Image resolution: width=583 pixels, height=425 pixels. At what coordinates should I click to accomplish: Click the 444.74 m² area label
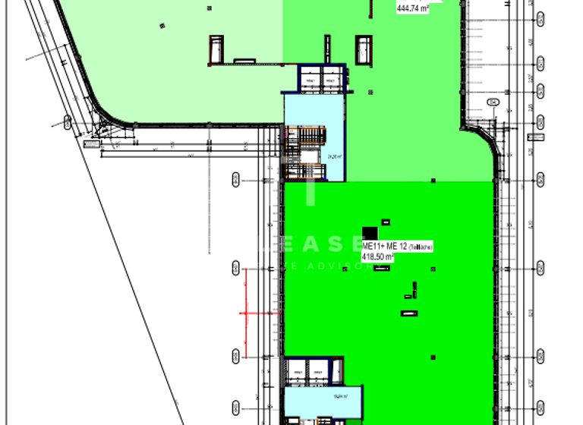coord(413,8)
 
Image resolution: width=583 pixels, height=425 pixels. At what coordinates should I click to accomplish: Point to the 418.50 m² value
coord(378,257)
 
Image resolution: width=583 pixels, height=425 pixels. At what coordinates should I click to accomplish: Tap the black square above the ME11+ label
coord(370,234)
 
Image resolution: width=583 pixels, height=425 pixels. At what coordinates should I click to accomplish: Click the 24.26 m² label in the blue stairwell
coord(335,156)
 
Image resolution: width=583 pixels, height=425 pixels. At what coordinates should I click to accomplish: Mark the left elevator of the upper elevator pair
coord(309,80)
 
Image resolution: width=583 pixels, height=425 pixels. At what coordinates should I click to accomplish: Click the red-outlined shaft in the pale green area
coord(216,48)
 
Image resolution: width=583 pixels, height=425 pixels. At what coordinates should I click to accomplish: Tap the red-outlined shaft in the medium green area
coord(365,48)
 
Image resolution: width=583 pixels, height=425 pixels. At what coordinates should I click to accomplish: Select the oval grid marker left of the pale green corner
coord(68,121)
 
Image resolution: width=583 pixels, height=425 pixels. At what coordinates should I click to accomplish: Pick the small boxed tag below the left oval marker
coord(91,143)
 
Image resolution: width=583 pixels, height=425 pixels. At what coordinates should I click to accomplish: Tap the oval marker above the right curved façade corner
coord(493,101)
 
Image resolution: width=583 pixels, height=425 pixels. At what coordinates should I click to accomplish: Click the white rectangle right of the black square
coord(386,222)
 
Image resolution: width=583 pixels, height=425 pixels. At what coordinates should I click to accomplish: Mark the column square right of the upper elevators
coord(370,93)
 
